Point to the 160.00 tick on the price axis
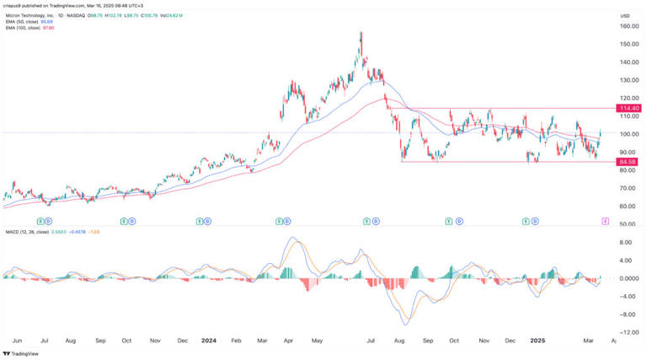(626, 26)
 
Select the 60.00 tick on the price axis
(626, 207)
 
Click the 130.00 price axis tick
(626, 80)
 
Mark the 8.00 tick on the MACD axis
(624, 241)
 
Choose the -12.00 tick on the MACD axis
(624, 332)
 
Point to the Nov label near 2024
(155, 341)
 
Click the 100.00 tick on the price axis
(626, 135)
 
